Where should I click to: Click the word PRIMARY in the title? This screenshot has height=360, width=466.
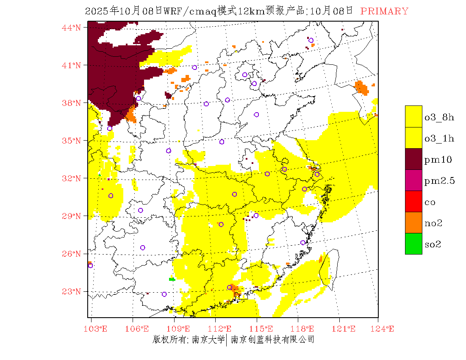(384, 11)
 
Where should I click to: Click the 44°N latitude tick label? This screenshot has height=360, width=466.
(71, 28)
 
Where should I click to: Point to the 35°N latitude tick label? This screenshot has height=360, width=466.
(71, 141)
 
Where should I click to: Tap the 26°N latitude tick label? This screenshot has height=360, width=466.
(71, 254)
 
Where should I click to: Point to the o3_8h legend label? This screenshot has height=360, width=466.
(439, 117)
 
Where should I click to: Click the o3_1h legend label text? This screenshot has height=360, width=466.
(439, 138)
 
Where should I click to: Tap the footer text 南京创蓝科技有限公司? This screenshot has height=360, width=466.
(272, 339)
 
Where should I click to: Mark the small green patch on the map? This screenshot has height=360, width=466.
(172, 279)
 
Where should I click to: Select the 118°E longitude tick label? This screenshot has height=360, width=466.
(304, 329)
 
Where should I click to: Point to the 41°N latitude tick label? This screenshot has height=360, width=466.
(71, 65)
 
